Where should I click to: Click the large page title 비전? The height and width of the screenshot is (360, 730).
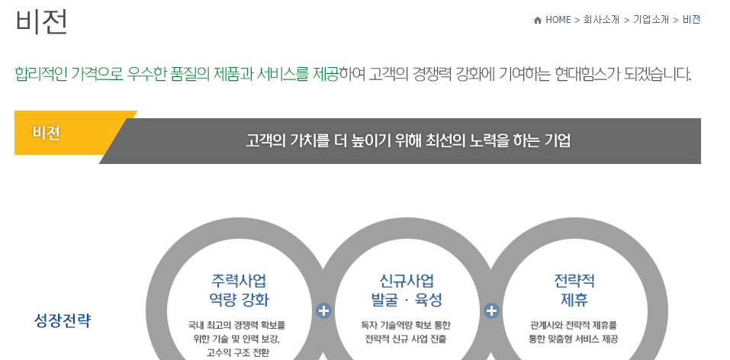[x=41, y=21]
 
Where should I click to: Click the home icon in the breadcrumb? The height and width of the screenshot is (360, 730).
[x=538, y=20]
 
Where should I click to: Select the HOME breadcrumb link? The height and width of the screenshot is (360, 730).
[x=558, y=20]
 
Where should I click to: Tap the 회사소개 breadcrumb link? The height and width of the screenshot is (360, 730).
[x=601, y=20]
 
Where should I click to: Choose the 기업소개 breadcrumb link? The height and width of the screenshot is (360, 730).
[x=650, y=20]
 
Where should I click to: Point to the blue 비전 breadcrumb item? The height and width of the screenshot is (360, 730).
[x=691, y=20]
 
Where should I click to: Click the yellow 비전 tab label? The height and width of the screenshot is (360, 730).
[x=47, y=133]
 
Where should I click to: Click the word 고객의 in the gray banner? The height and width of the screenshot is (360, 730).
[x=266, y=141]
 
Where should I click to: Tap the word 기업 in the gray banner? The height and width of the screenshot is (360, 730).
[x=557, y=141]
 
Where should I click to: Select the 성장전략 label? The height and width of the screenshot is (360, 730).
[x=63, y=320]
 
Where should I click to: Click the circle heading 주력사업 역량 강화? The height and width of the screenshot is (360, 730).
[x=239, y=289]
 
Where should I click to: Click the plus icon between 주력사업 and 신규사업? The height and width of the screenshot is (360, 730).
[x=323, y=310]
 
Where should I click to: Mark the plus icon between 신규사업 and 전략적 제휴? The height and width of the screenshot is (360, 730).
[x=491, y=310]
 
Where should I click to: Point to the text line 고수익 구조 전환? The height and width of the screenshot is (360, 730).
[x=238, y=352]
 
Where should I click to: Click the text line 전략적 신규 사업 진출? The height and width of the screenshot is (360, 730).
[x=406, y=339]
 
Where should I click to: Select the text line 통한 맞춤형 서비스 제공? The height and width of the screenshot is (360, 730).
[x=573, y=339]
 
